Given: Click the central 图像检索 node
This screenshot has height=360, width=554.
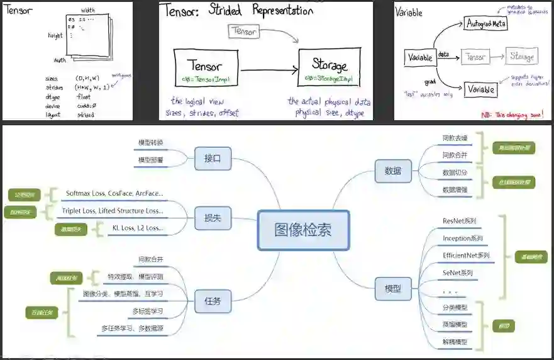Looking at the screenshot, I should (303, 230).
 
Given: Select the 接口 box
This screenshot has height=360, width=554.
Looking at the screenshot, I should (213, 158).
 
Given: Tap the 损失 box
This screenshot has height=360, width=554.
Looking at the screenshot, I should (213, 218).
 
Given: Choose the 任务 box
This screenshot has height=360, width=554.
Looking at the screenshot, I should (213, 301).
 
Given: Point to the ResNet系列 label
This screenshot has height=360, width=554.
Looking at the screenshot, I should (460, 221).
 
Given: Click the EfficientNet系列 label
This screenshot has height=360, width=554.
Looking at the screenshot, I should (466, 256).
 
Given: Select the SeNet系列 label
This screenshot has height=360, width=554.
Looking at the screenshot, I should (458, 273).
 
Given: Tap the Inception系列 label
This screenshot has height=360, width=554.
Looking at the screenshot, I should (463, 239).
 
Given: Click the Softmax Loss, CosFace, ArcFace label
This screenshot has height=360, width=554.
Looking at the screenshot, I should (114, 193).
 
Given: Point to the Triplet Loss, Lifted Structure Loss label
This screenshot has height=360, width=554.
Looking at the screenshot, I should (112, 211).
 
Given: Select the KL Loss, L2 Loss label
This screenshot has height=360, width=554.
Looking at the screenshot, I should (137, 228).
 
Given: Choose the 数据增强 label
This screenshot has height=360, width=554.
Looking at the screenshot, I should (455, 189).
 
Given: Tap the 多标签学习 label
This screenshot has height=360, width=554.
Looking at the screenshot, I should (147, 312).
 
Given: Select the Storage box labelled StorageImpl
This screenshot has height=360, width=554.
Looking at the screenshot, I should (329, 69).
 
